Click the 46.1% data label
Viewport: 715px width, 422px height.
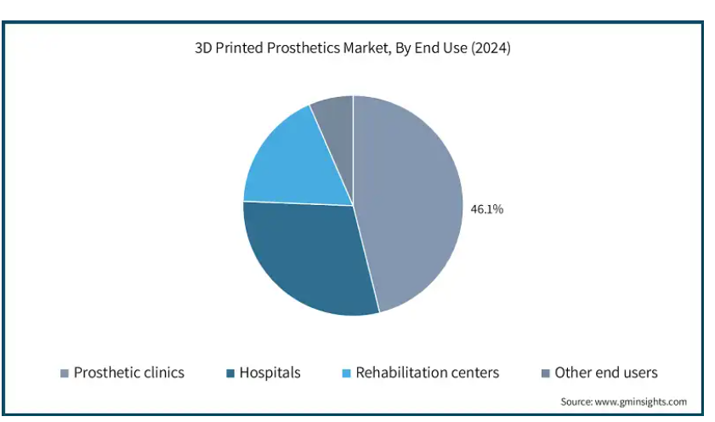coord(486,209)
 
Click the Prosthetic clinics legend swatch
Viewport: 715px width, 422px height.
coord(65,374)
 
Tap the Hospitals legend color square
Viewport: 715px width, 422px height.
coord(230,374)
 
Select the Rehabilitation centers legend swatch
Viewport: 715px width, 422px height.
coord(347,374)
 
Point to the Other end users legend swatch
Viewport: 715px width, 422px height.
coord(545,374)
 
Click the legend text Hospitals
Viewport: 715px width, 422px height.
coord(270,373)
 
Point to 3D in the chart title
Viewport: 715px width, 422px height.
coord(203,48)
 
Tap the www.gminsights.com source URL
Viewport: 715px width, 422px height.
coord(641,402)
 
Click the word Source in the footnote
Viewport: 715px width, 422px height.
coord(576,402)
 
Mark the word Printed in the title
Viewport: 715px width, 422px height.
coord(240,48)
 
